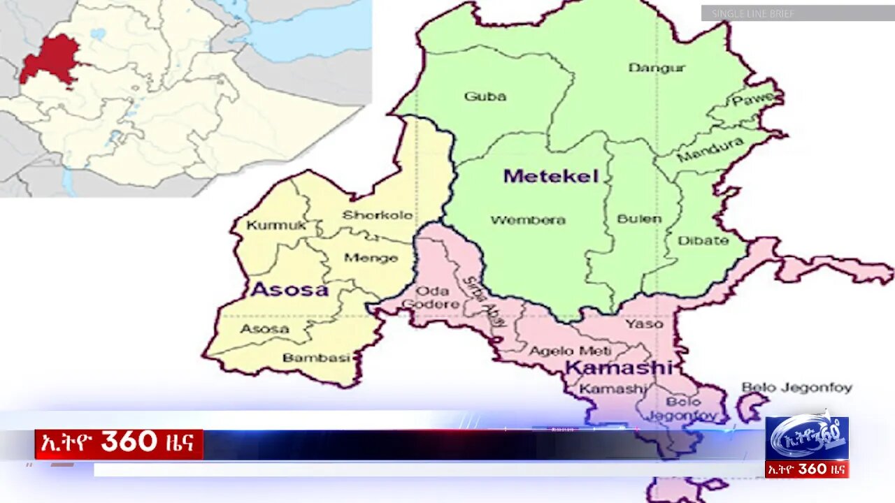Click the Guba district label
[x=485, y=96]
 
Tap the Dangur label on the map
[x=657, y=68]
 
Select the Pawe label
[x=754, y=101]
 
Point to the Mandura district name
[x=710, y=150]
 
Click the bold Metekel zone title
[x=551, y=176]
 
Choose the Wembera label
[x=528, y=220]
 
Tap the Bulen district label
[x=639, y=219]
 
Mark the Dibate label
[x=703, y=240]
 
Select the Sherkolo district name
[x=378, y=215]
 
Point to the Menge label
[x=371, y=258]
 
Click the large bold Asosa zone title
[x=289, y=289]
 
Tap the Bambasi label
[x=316, y=358]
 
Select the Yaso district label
[x=644, y=323]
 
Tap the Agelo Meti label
[x=570, y=351]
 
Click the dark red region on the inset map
[x=50, y=59]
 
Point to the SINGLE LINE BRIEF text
[x=753, y=13]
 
